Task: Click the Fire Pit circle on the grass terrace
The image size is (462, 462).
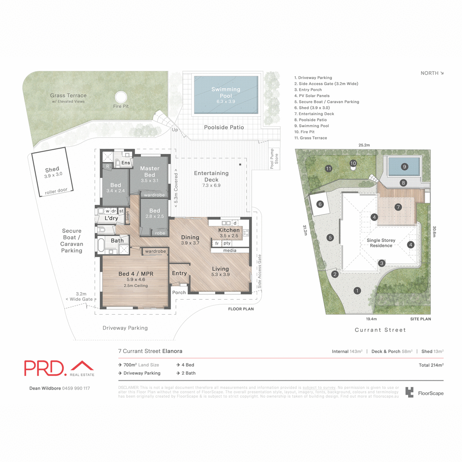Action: pos(121,97)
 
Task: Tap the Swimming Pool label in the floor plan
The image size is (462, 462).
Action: pos(226,92)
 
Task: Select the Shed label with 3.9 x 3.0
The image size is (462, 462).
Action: pos(52,172)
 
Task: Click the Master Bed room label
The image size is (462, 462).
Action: pos(150,172)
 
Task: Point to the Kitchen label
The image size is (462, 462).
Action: pos(229,230)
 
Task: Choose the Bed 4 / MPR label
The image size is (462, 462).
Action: pos(136,274)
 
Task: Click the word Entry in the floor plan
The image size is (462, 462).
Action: pos(179,273)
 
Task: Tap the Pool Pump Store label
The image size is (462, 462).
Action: pos(274,159)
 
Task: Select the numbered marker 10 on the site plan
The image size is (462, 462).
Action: pos(353,163)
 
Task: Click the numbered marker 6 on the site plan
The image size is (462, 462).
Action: pos(320,204)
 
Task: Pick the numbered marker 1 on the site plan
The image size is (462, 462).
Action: pos(357,291)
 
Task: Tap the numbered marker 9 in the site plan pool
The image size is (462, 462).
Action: pos(404,167)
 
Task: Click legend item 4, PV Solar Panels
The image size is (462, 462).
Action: pos(312,96)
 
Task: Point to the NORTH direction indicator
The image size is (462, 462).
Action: pos(432,73)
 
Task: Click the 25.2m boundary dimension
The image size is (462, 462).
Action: pos(364,145)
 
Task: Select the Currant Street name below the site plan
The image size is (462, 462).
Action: pos(380,330)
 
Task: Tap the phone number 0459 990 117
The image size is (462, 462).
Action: pos(76,388)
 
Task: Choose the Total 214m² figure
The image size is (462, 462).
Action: pos(431,365)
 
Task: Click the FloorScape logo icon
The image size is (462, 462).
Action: pos(409,393)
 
